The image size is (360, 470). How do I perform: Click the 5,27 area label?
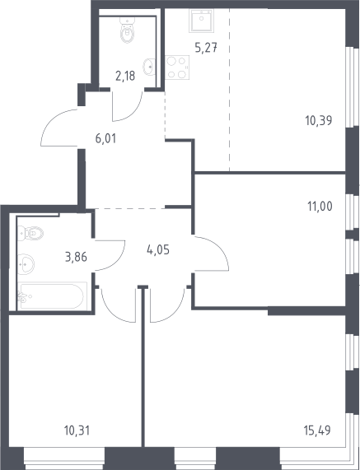point(206,48)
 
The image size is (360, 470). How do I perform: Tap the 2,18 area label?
point(125,76)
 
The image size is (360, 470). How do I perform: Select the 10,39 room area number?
point(319,121)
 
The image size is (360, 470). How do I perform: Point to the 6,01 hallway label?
point(105,139)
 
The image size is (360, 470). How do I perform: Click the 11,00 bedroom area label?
point(320,207)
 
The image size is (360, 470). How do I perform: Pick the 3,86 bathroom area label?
point(76,257)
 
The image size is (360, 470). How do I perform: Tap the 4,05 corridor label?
point(158,249)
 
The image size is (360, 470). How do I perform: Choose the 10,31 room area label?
point(77,430)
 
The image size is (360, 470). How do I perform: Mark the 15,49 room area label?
point(317,430)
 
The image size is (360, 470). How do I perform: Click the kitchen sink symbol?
point(201,21)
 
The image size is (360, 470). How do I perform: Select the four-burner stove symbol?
point(177,67)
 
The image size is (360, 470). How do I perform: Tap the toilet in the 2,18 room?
point(128,30)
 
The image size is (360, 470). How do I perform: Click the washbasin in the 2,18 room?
point(149,67)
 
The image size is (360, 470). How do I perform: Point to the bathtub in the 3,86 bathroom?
point(53,296)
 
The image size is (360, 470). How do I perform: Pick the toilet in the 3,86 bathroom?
point(30,233)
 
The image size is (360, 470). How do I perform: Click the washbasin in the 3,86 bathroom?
point(26,264)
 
